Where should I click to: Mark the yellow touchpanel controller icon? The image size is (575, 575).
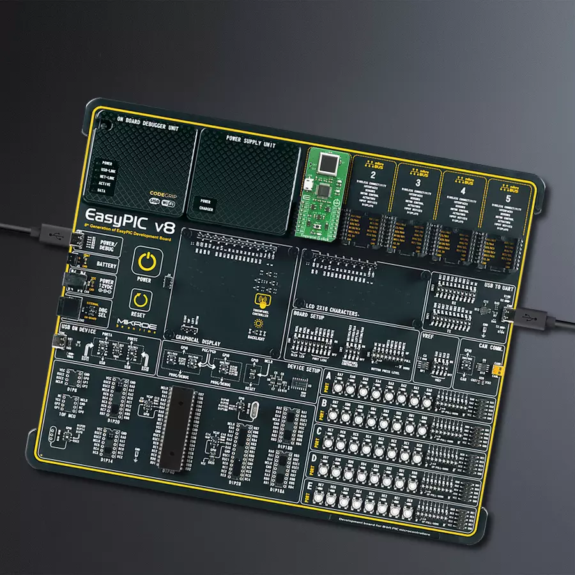pos(261,300)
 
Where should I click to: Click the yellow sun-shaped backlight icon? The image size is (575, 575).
pos(258,324)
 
